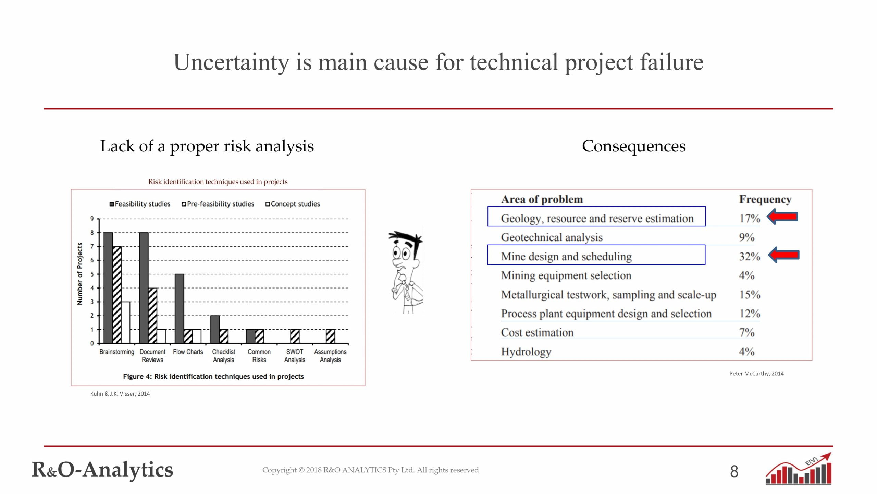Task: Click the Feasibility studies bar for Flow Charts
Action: [x=179, y=308]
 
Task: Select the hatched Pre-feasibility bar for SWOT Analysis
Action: [x=295, y=336]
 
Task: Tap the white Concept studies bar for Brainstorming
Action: [x=126, y=322]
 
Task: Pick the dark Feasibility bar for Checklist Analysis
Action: [x=215, y=329]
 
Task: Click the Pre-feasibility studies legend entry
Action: [x=218, y=204]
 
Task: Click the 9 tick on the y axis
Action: [x=92, y=219]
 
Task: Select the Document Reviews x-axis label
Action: [x=152, y=356]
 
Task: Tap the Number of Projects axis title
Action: [x=80, y=273]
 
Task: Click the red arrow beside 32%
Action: [x=783, y=255]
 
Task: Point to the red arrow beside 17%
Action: [x=782, y=217]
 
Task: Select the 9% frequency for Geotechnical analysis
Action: [x=746, y=237]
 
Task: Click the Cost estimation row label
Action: [x=537, y=332]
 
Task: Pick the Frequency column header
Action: [x=765, y=199]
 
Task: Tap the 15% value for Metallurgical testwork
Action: [x=749, y=295]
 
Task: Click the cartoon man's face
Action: [x=405, y=256]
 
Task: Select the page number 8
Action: [x=734, y=472]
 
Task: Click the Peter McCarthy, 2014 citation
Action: [x=756, y=374]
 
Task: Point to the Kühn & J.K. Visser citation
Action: [x=120, y=394]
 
